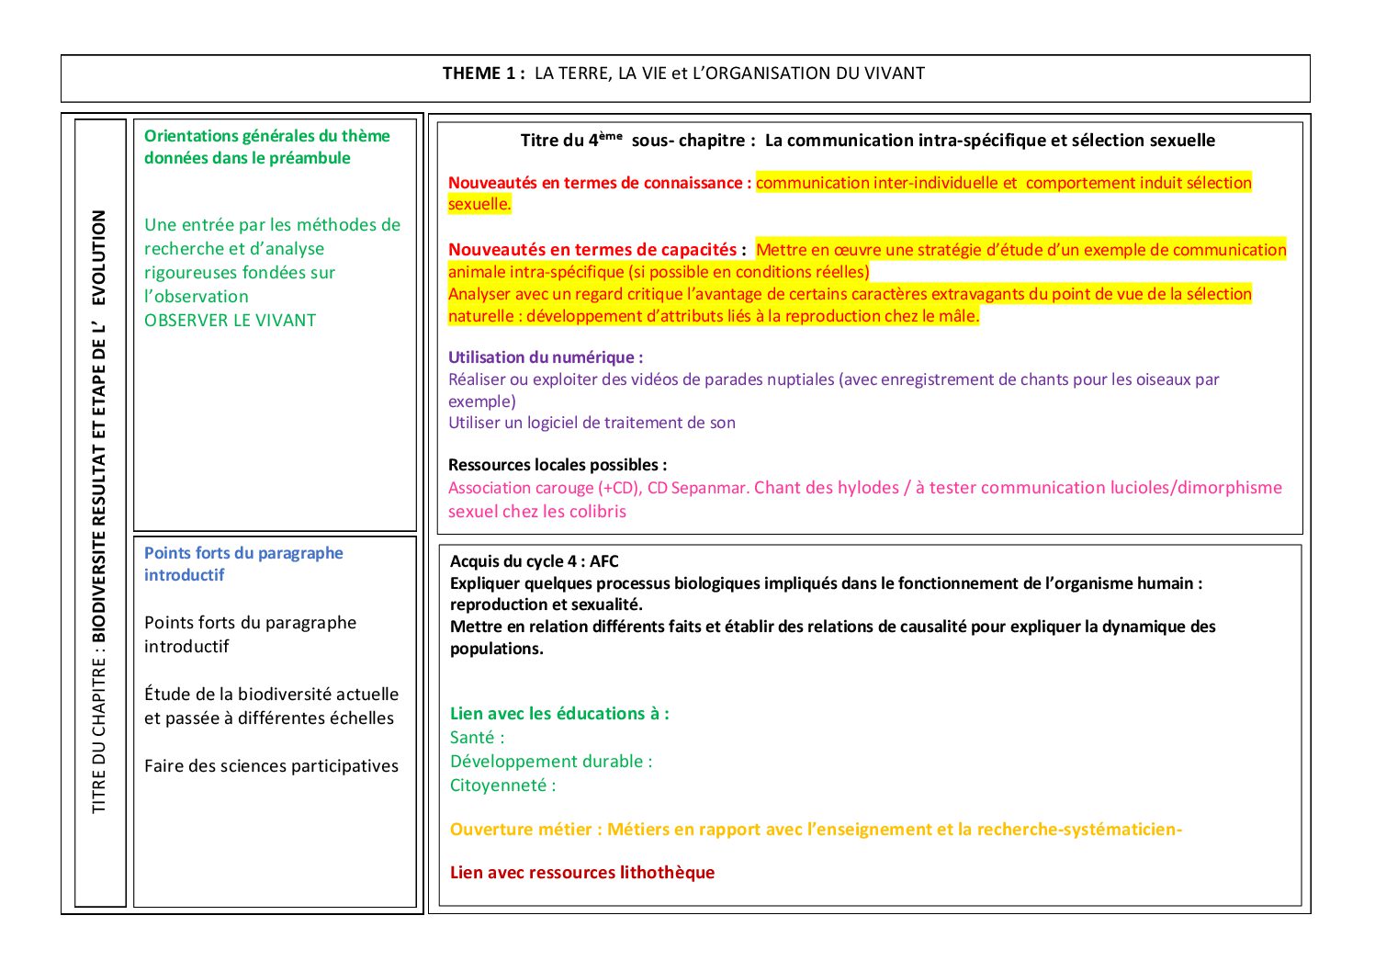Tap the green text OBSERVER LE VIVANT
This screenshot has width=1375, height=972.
pos(230,321)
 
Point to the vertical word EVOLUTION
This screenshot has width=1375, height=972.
pos(98,258)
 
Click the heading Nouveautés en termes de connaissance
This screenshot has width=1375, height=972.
pos(599,183)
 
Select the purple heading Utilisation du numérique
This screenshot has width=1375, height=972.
pos(545,357)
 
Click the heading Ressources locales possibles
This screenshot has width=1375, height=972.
pos(557,465)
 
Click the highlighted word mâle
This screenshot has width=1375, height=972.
pos(960,316)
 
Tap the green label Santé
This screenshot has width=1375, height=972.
pos(473,738)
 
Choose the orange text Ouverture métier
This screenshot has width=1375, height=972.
pos(525,830)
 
